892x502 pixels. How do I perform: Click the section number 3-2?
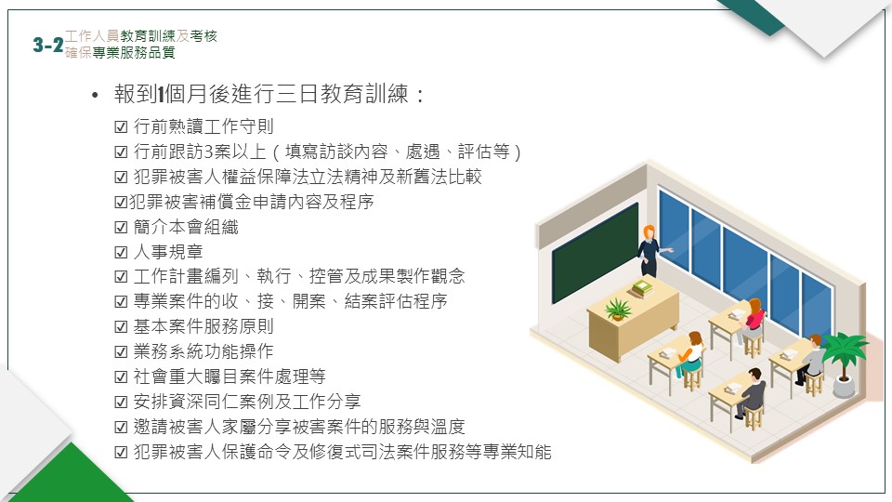tap(47, 45)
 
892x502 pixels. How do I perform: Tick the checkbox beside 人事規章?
tap(121, 252)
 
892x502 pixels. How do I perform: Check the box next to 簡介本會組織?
tap(121, 227)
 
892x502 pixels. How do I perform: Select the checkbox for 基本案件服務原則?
tap(121, 326)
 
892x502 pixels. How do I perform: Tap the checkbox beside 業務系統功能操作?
tap(121, 351)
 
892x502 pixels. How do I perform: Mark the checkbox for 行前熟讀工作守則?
tap(121, 126)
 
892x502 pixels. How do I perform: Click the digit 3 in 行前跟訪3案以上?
tap(209, 152)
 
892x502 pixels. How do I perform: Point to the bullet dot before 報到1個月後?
tap(95, 96)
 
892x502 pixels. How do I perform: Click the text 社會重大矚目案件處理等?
tap(230, 376)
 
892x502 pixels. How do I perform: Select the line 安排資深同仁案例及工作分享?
tap(247, 402)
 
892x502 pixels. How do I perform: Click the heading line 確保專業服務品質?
tap(120, 52)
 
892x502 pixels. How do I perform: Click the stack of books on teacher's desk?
tap(642, 287)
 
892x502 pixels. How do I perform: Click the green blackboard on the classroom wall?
tap(595, 253)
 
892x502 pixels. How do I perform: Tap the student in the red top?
tap(753, 320)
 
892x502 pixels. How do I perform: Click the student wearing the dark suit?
tap(752, 392)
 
